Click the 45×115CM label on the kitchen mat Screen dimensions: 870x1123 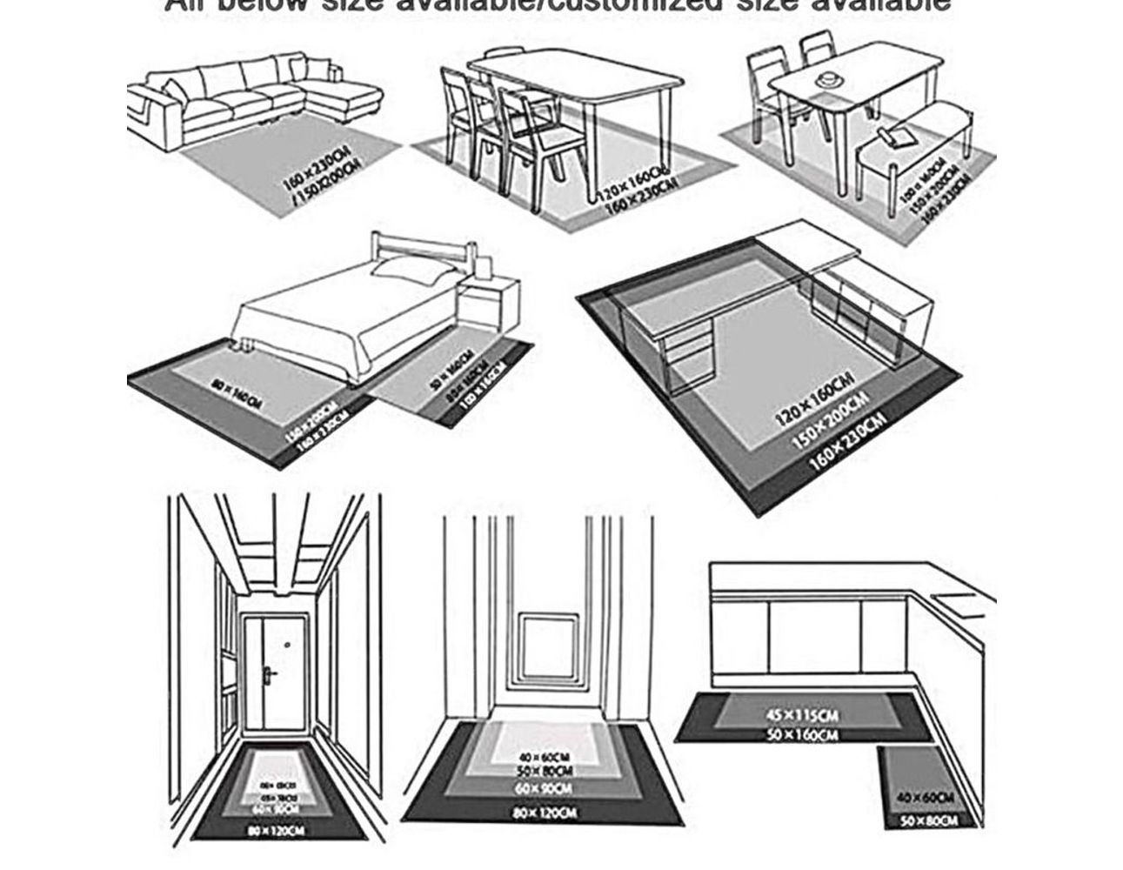click(x=801, y=716)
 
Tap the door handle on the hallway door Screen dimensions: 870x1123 click(x=271, y=673)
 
